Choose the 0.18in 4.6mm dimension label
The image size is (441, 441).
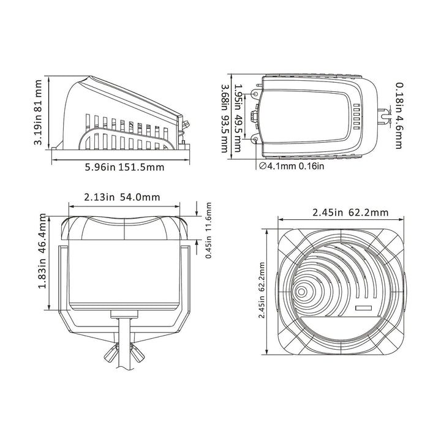398,115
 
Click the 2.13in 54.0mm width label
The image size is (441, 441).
121,197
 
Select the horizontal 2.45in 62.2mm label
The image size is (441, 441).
341,213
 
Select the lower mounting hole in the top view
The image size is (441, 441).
255,140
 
